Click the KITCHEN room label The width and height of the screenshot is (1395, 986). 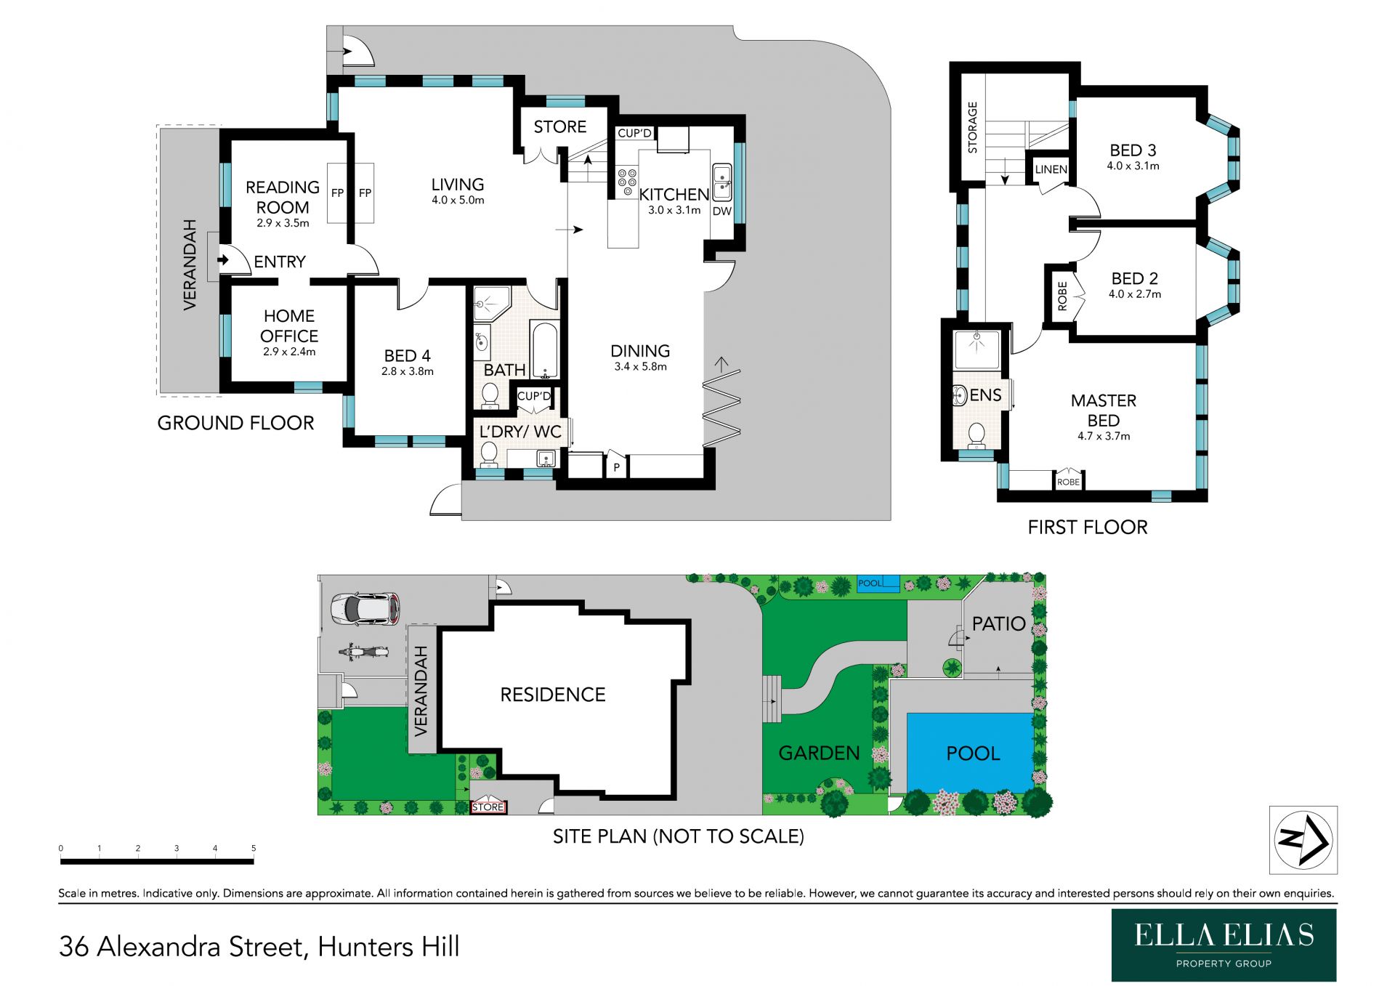coord(674,195)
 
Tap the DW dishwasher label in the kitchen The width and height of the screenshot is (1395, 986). coord(721,211)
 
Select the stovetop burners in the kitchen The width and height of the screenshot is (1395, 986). coord(627,182)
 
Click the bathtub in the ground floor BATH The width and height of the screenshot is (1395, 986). coord(543,349)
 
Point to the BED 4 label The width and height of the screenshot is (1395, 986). coord(407,356)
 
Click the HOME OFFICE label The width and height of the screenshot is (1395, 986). coord(289,326)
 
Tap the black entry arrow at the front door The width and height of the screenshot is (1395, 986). coord(223,259)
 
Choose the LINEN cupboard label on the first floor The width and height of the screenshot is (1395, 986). coord(1051,169)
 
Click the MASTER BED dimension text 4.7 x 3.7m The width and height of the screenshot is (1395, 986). coord(1104,436)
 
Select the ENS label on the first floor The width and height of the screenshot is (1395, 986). coord(985,395)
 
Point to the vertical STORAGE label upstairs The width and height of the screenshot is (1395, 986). coord(972,127)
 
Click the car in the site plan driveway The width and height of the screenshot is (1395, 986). coord(365,609)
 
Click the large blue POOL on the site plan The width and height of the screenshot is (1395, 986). coord(970,753)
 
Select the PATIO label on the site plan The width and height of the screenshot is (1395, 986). coord(998,623)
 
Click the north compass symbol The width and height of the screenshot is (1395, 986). coord(1303,840)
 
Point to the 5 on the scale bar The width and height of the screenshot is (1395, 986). coord(254,848)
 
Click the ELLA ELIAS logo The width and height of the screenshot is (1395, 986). coord(1224,945)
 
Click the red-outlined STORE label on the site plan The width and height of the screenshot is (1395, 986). coord(488,807)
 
